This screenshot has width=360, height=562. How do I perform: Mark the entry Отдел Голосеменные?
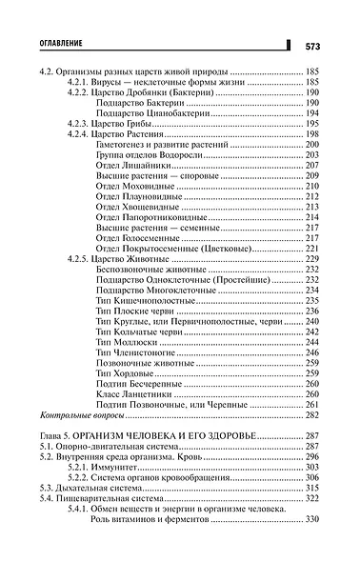click(139, 238)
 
